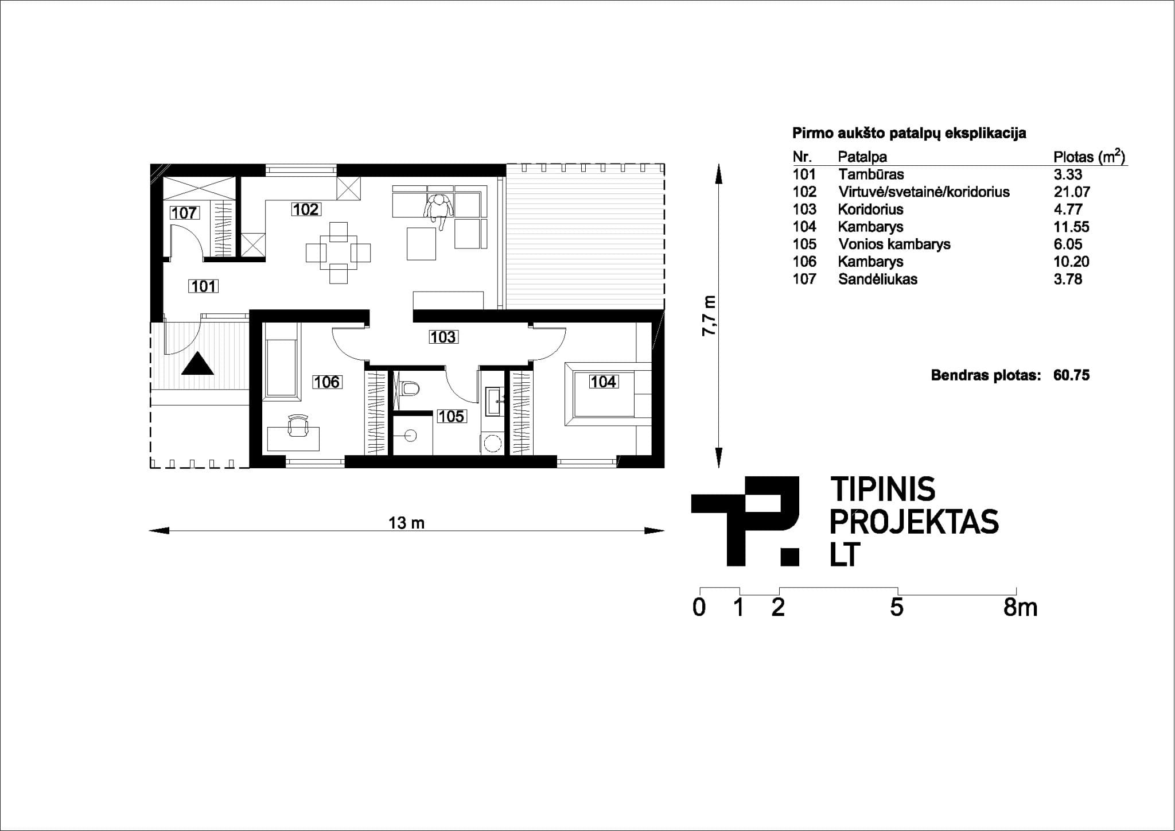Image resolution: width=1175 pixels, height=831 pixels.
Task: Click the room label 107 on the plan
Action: click(184, 213)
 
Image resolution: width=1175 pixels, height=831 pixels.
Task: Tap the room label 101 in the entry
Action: click(204, 286)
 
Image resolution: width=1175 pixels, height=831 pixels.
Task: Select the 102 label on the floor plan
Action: click(305, 209)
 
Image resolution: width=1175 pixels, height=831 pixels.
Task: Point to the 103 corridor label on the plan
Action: click(443, 337)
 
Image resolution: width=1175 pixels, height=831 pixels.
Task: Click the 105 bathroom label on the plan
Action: click(451, 416)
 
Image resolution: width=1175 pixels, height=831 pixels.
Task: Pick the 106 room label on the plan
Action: click(327, 382)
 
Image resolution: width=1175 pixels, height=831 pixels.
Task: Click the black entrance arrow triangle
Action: click(198, 363)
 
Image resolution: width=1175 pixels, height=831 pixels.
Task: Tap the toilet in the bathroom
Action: click(410, 389)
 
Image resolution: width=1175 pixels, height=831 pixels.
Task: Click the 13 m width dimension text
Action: click(406, 523)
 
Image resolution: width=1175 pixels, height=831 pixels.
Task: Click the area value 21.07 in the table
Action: click(1072, 192)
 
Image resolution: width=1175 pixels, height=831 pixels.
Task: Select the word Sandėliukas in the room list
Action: click(877, 279)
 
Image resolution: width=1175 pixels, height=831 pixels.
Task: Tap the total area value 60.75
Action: click(1071, 375)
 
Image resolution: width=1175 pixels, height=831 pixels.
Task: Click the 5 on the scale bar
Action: click(897, 607)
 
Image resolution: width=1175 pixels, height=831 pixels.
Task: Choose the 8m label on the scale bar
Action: click(1021, 607)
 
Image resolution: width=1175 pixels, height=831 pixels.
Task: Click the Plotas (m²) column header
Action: click(1089, 157)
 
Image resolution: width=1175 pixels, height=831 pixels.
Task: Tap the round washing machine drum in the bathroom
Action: click(492, 443)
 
